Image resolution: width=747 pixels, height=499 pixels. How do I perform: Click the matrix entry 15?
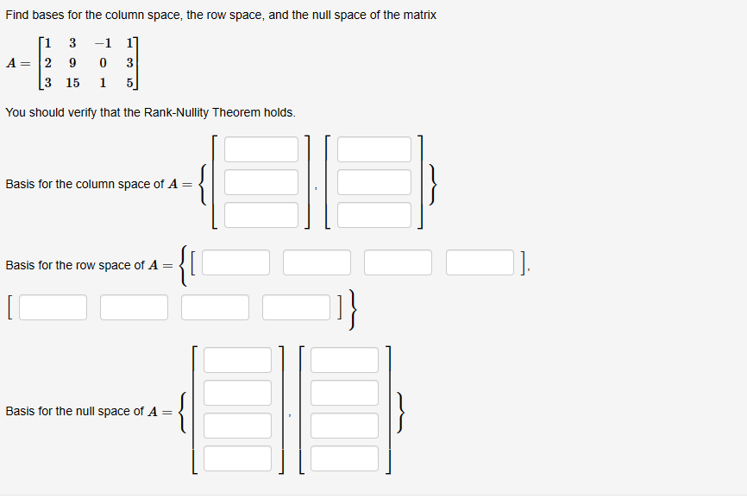point(72,83)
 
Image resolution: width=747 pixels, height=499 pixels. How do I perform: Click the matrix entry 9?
point(72,62)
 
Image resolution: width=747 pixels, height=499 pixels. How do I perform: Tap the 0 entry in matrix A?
point(104,62)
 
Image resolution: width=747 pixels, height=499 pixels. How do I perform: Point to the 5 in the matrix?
point(129,83)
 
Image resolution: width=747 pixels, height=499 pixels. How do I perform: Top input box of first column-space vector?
point(261,149)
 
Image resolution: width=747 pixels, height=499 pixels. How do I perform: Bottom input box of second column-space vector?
point(374,214)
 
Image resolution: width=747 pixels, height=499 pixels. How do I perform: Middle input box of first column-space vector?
point(261,182)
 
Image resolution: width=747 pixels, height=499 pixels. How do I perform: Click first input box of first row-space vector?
point(235,262)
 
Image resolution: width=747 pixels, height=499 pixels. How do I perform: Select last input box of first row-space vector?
point(480,262)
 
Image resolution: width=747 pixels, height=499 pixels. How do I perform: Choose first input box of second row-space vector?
point(53,306)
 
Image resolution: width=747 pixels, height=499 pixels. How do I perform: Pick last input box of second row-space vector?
point(297,306)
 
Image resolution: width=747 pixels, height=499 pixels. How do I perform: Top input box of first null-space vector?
point(237,360)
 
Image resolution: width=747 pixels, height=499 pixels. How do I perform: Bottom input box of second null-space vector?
point(344,458)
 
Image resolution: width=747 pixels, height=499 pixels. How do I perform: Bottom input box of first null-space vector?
point(237,458)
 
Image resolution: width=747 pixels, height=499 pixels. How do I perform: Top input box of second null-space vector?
point(344,360)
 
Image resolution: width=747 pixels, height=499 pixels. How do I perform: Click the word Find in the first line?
point(17,16)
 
